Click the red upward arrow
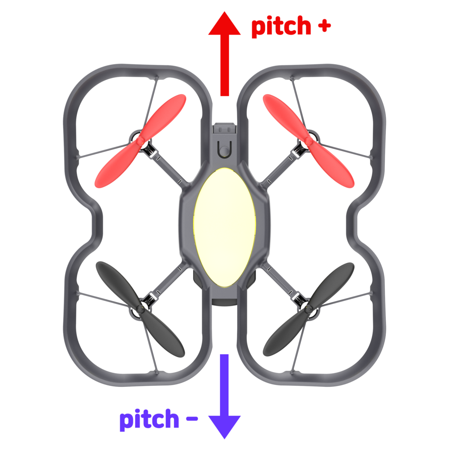click(x=224, y=57)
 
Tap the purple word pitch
click(x=149, y=420)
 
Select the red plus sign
click(x=324, y=26)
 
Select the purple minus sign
click(x=192, y=420)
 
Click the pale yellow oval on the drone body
click(x=224, y=227)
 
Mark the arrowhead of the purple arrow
click(x=224, y=425)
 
